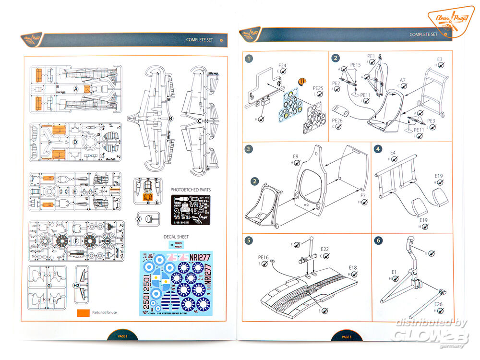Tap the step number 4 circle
378,149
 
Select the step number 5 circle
249,240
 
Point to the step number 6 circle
378,240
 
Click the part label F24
282,65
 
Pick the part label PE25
318,88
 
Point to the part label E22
325,249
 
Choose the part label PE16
264,258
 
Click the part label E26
438,304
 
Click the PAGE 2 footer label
122,336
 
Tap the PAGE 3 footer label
347,336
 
